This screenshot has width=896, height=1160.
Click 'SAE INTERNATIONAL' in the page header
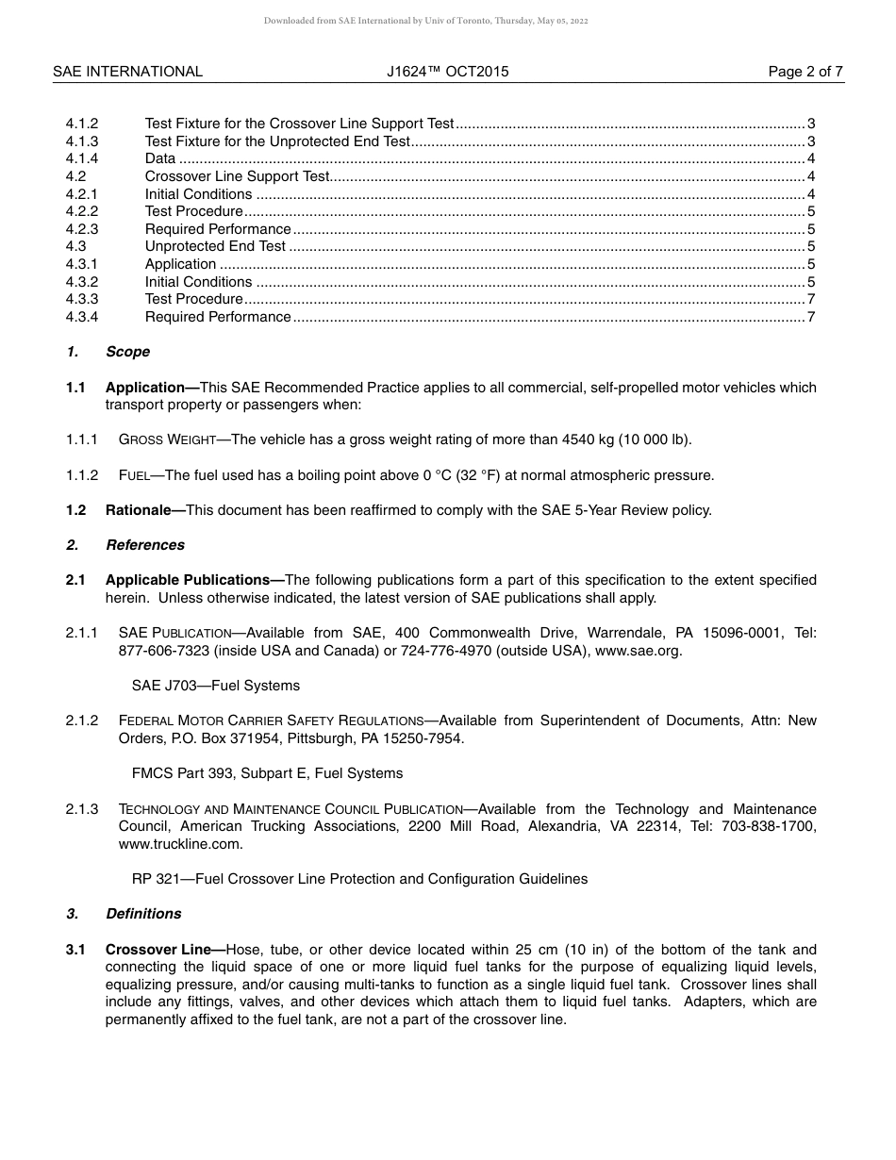click(127, 72)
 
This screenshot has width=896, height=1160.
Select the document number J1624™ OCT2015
click(447, 72)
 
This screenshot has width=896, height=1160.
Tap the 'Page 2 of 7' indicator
click(805, 72)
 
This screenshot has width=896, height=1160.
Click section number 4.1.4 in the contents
click(82, 158)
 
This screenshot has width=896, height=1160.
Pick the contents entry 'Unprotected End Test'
click(215, 246)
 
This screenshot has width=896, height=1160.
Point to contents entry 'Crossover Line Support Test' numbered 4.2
click(237, 176)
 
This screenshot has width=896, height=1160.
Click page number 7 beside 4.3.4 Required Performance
click(810, 317)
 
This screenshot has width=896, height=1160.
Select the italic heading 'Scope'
click(127, 352)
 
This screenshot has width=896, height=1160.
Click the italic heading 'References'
click(144, 545)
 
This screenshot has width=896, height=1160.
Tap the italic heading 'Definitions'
click(143, 914)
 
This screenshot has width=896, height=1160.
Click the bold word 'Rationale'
click(139, 510)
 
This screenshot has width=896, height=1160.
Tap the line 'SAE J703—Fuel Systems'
click(215, 686)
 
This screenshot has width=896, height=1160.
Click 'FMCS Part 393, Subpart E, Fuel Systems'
click(267, 773)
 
